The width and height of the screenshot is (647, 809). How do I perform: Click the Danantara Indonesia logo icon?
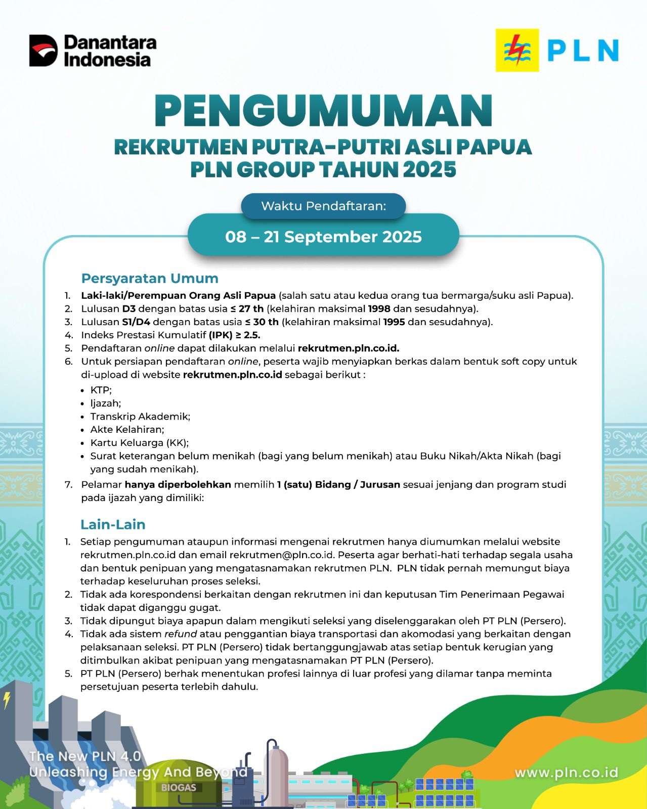44,51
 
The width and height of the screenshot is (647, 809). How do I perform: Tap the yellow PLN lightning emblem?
517,50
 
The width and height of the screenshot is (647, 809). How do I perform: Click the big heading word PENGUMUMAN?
323,111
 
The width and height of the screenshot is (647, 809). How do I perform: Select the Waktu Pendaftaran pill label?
323,206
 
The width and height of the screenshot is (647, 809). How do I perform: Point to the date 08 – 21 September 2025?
323,237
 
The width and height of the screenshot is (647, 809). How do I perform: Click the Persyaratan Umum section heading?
150,278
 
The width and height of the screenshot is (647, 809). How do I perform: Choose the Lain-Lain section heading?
113,524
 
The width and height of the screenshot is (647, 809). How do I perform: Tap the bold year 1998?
379,308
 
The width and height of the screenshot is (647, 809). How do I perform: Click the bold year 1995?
394,322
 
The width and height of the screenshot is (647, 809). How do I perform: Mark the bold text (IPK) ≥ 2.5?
234,335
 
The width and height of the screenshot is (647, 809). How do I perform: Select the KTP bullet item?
101,390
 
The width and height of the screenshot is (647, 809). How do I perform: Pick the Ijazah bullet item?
105,403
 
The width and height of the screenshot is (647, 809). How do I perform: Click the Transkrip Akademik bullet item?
140,416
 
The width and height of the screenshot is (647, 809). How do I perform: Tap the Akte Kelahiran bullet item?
127,429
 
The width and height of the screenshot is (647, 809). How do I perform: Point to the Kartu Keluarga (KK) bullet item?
139,442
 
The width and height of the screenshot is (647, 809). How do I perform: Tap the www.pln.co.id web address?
566,773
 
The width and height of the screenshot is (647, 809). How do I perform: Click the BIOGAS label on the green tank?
179,787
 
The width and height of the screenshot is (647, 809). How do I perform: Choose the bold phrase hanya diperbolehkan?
178,484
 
